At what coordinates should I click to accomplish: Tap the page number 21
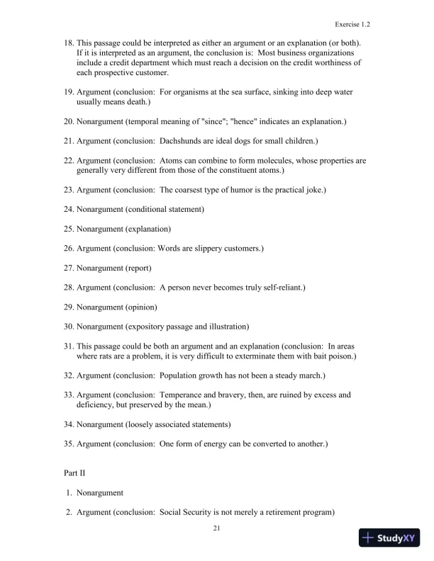[x=217, y=528]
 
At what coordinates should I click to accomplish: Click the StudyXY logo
[x=389, y=538]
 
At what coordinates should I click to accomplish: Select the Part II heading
[x=75, y=470]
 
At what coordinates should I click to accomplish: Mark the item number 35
[x=68, y=443]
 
